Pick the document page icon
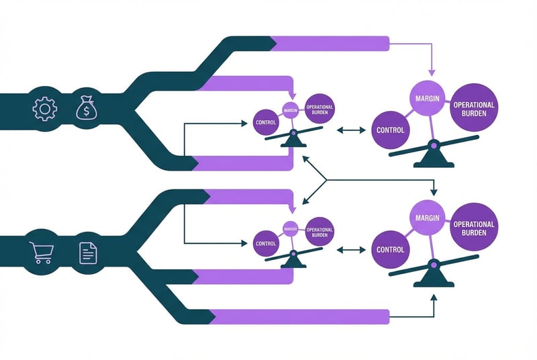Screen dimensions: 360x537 (87, 253)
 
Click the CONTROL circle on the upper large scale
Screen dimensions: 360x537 (390, 130)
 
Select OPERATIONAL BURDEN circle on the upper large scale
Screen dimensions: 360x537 (474, 109)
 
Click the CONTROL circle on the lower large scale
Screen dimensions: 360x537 (390, 249)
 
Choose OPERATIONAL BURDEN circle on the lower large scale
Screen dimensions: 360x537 (474, 228)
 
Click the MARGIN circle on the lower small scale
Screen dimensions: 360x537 (291, 228)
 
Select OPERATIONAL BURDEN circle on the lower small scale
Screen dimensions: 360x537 (320, 232)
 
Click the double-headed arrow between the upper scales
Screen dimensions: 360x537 (349, 130)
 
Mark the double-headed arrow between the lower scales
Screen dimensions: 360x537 (349, 250)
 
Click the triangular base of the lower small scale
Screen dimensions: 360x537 (293, 261)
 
